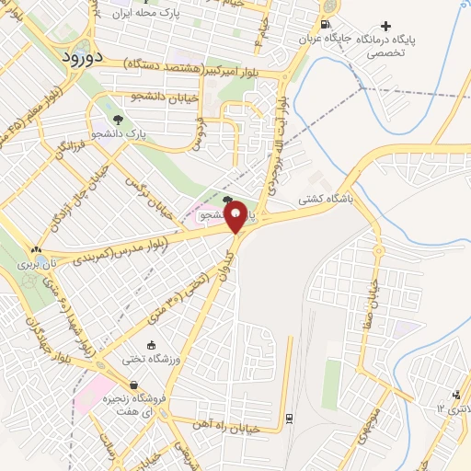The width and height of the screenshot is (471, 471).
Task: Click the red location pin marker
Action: click(235, 215)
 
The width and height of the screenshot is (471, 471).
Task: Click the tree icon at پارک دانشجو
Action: click(117, 119)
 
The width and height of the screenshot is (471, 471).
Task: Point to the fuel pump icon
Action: click(327, 25)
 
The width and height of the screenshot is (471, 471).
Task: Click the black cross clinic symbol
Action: click(386, 26)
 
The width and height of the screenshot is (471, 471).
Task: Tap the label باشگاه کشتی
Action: click(326, 198)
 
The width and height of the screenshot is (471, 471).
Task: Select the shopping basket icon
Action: click(134, 385)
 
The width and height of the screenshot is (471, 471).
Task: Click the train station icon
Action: click(289, 419)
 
